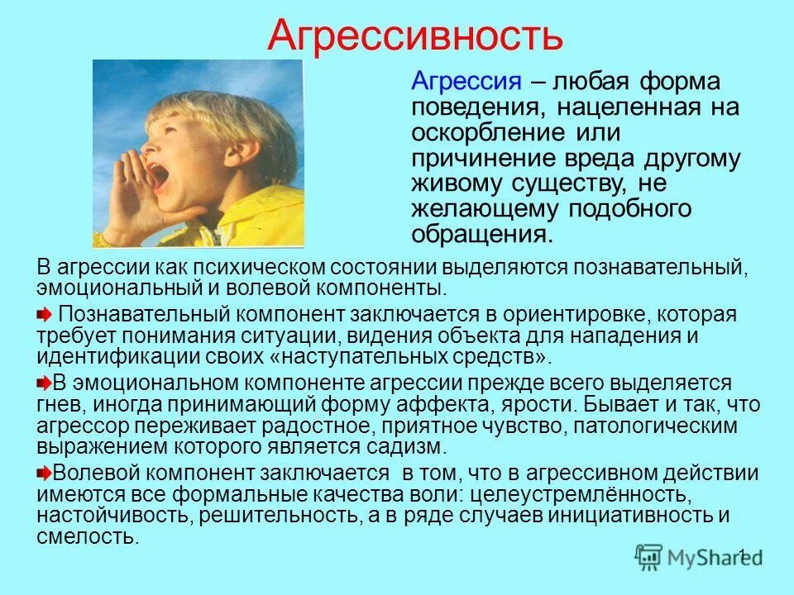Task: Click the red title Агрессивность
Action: point(416,36)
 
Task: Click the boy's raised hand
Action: point(132,198)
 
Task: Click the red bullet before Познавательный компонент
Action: point(44,315)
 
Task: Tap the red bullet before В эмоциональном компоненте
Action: point(44,383)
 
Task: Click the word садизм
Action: point(407,447)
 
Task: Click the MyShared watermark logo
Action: point(699,555)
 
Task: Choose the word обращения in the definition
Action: point(480,235)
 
